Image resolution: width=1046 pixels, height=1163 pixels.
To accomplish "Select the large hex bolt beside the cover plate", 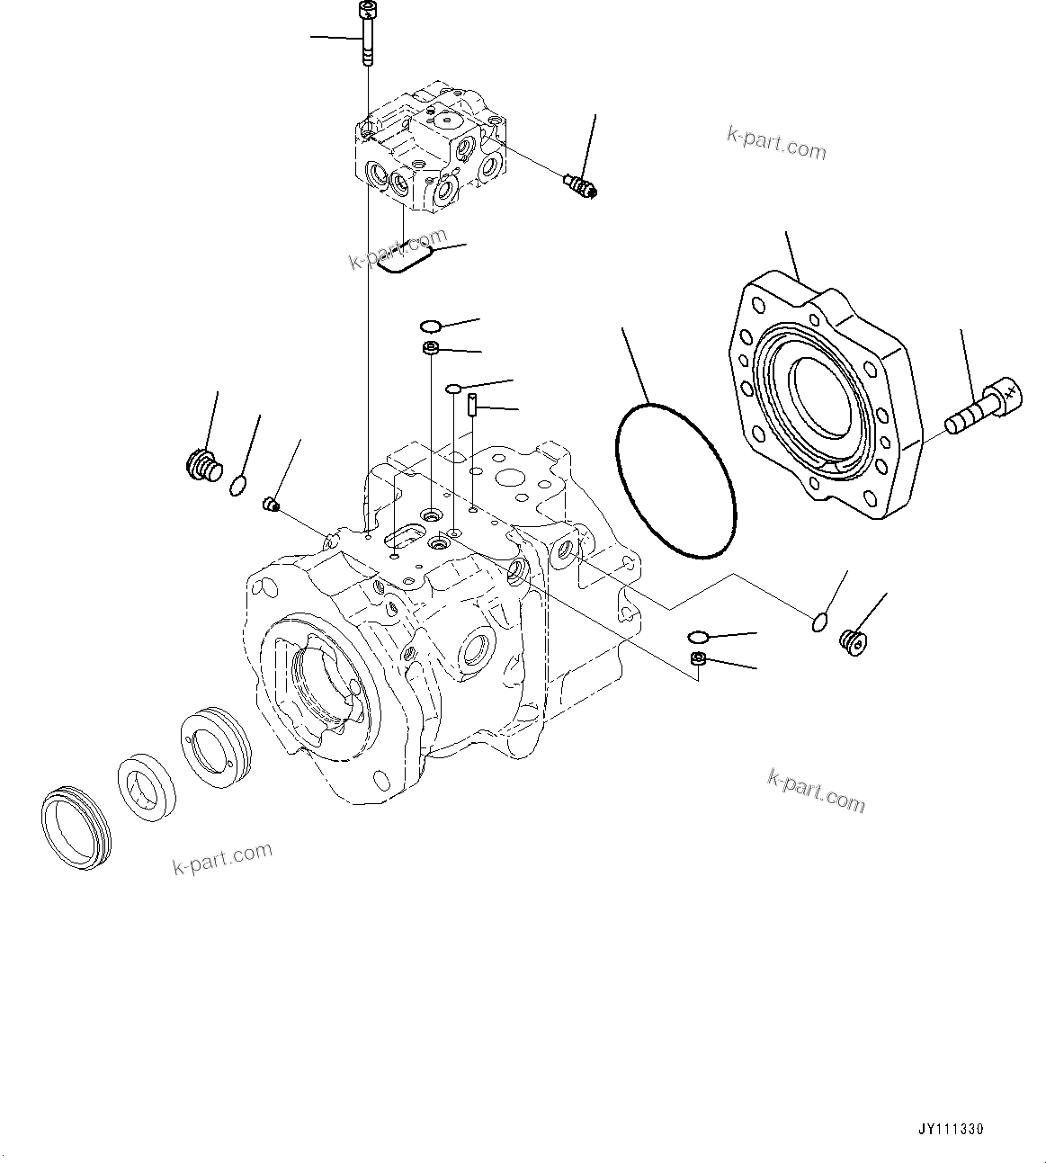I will click(x=985, y=408).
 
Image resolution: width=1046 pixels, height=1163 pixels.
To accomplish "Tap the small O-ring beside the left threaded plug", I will click(x=237, y=487).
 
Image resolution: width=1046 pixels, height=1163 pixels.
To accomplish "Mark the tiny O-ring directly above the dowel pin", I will click(x=455, y=388).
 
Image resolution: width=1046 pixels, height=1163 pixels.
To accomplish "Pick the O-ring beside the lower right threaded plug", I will click(x=817, y=621).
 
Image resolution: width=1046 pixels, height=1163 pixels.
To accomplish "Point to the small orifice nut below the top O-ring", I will click(x=431, y=349).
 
